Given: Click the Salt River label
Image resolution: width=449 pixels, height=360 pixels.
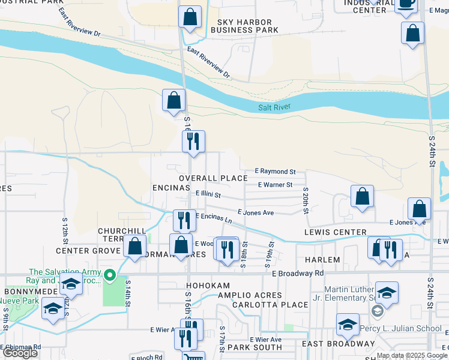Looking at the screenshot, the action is [274, 107].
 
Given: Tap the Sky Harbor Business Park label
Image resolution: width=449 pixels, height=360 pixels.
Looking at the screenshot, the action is [245, 26].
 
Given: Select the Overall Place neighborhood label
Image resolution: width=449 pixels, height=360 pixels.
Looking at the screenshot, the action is [213, 178].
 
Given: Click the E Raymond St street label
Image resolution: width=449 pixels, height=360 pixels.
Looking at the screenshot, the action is [275, 172].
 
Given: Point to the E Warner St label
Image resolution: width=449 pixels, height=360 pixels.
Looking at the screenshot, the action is [275, 185].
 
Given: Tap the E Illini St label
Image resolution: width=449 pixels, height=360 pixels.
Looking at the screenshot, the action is [208, 194].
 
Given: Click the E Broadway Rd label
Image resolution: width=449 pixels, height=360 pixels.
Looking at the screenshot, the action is [298, 273].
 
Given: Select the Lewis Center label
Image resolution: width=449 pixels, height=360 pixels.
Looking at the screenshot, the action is [335, 232].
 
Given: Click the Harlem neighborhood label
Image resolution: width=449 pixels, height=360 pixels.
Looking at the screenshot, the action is [322, 260].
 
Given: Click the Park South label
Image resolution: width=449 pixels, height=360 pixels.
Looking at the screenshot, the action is [255, 347].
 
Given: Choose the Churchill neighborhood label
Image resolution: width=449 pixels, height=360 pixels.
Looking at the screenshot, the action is [122, 231].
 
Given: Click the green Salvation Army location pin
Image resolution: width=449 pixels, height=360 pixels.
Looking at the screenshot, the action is [110, 276].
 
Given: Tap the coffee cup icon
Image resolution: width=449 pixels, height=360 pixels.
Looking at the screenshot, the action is [406, 4].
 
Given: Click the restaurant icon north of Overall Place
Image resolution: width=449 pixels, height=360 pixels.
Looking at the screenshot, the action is [194, 142].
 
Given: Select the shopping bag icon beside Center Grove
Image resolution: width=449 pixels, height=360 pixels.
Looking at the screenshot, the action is [136, 246].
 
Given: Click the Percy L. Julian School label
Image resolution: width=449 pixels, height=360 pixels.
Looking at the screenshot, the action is [399, 329].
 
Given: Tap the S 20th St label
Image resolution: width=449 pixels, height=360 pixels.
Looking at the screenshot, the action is [306, 201].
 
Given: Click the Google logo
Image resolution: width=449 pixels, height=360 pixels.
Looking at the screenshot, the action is [20, 352].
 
